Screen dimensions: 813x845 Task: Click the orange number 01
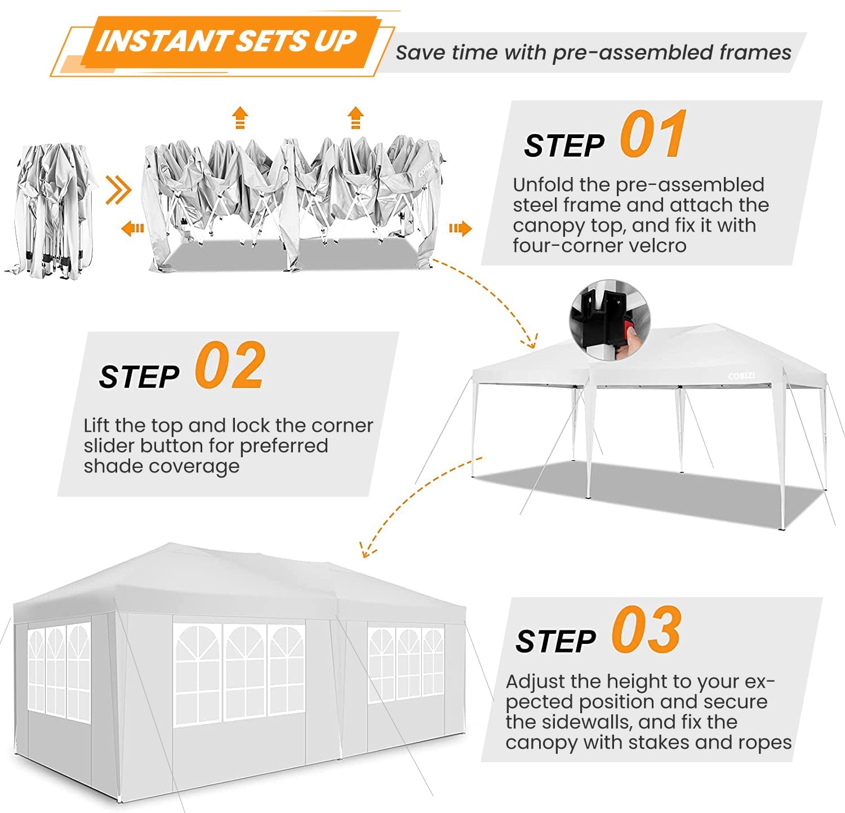coord(653,135)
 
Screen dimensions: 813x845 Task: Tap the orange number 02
coord(230,366)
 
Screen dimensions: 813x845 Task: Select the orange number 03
coord(647,630)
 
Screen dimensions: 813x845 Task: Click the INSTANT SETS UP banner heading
coord(225,42)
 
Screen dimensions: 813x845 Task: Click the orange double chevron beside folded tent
coord(118,191)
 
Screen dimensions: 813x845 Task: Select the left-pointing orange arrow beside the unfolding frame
coord(132,228)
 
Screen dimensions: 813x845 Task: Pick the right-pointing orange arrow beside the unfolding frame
coord(460,228)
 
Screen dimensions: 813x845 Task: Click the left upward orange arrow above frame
coord(240,118)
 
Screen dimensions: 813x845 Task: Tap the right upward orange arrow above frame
coord(355,118)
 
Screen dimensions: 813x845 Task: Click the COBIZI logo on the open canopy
coord(741,376)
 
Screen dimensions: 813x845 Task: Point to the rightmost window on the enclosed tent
coord(406,664)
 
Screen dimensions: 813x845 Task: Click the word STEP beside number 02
coord(139,377)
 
